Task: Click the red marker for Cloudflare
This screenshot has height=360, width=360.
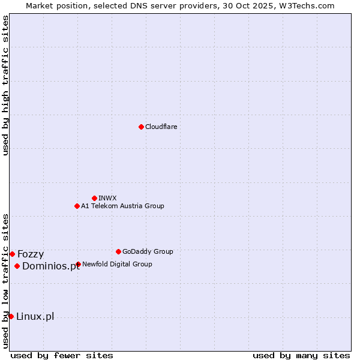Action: [x=141, y=127]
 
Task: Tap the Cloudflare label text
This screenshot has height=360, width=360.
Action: [x=161, y=127]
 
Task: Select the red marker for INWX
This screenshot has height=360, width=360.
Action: [x=94, y=198]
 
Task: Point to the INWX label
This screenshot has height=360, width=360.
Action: [x=107, y=198]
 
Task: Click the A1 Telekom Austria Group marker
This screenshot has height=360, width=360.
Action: [x=77, y=206]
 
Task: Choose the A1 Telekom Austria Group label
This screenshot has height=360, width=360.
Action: [x=122, y=206]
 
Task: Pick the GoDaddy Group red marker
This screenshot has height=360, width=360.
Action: [x=118, y=251]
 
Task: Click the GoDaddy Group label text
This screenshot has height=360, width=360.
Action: [x=148, y=252]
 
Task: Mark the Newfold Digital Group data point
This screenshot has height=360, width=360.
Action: [x=78, y=264]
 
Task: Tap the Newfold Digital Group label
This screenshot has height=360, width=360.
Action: [x=117, y=265]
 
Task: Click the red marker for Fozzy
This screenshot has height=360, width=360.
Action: [x=12, y=254]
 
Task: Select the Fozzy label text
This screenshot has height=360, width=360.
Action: [x=31, y=254]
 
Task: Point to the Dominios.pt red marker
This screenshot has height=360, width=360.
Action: [x=17, y=266]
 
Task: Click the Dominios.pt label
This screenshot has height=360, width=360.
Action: [x=50, y=266]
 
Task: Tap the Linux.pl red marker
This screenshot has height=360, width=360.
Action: [x=11, y=316]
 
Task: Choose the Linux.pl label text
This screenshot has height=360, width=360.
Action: [x=35, y=317]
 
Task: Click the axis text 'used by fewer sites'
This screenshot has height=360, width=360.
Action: [x=62, y=355]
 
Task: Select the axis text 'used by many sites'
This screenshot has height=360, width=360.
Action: [x=301, y=355]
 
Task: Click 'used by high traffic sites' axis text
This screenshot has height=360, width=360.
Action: [x=6, y=85]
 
